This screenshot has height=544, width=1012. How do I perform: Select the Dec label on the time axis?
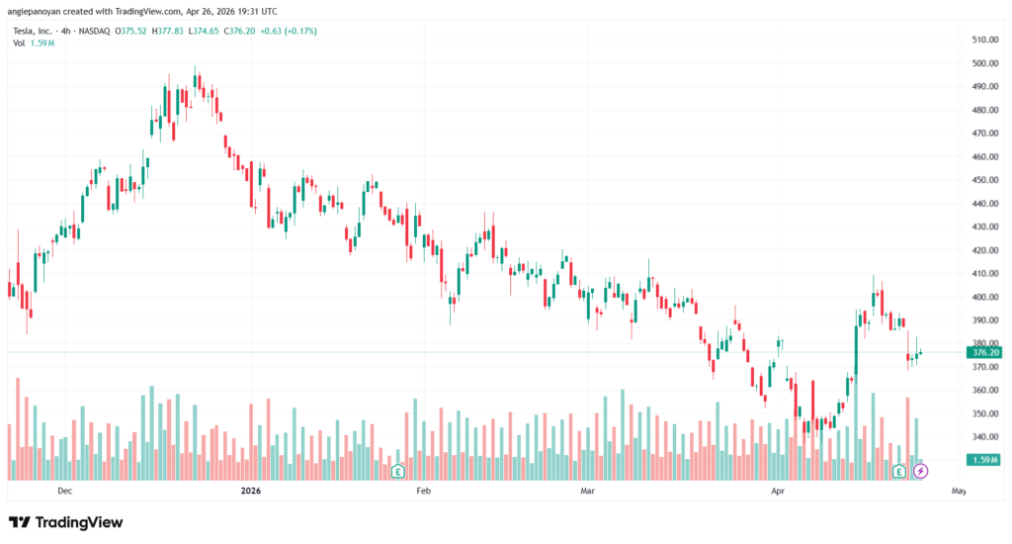pos(65,491)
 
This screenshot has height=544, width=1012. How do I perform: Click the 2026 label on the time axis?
pos(252,491)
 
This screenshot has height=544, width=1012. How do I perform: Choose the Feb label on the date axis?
pos(424,491)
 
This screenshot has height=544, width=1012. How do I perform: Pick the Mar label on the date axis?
pos(588,491)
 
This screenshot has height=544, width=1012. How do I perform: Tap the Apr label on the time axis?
pos(777,491)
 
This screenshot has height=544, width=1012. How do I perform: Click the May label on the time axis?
pos(958,491)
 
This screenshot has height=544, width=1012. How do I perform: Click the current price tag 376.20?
pos(986,352)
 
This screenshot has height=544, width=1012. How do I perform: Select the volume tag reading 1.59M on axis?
pos(986,460)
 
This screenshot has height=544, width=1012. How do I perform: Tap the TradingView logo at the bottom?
pos(65,522)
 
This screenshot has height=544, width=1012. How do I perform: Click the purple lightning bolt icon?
pos(920,472)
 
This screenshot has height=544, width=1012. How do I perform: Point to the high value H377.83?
pos(166,30)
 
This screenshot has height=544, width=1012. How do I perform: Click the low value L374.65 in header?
pos(210,30)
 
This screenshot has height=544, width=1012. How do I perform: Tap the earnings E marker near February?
pos(397,472)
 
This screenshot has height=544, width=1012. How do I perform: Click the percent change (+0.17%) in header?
pos(301,30)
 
